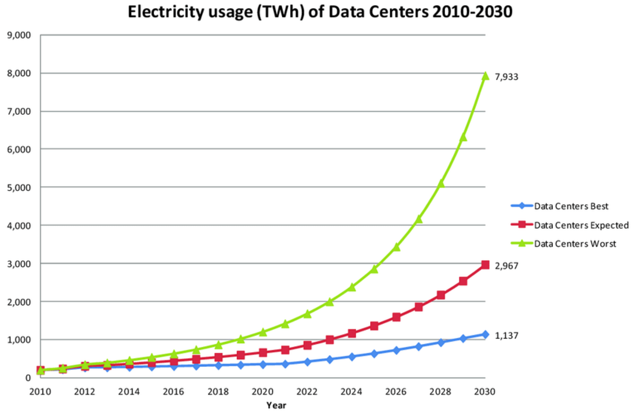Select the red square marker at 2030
(x=485, y=265)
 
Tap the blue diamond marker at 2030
(x=485, y=334)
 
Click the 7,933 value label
(x=506, y=77)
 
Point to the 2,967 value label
(x=506, y=266)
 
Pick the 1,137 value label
(x=506, y=335)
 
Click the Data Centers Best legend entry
(x=571, y=206)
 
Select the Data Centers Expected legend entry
(x=581, y=225)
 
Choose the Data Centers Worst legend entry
(x=575, y=244)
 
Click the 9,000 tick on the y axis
(x=18, y=35)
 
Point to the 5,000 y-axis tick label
(x=18, y=188)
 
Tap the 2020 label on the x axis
(x=262, y=392)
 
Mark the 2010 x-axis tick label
(x=40, y=392)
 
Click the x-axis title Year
(x=276, y=406)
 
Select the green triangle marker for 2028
(x=441, y=184)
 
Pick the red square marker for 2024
(x=352, y=333)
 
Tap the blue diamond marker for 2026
(x=396, y=350)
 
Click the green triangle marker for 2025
(x=374, y=269)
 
